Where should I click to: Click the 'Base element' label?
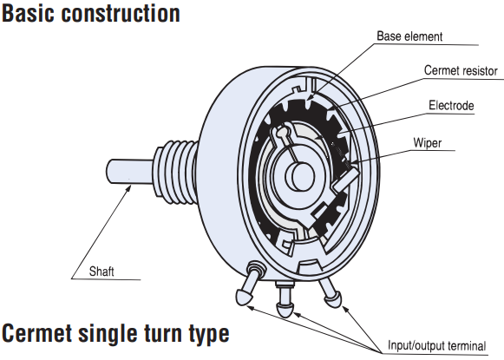tap(409, 36)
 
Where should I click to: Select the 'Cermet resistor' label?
tap(461, 71)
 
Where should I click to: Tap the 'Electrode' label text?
tap(451, 106)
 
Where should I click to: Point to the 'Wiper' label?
tap(428, 143)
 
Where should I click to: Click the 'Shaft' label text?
tap(101, 272)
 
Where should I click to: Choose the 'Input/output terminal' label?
tap(437, 345)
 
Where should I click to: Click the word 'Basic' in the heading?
tap(29, 14)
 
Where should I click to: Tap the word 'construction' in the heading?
tap(121, 14)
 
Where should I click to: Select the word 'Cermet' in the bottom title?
tap(36, 333)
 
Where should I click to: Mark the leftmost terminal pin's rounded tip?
tap(244, 298)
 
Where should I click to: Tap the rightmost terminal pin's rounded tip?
tap(333, 300)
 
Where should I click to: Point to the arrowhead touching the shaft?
tap(128, 188)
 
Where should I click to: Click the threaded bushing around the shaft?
tap(176, 173)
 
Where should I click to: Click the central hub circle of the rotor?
tap(299, 175)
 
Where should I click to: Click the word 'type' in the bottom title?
tap(209, 334)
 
